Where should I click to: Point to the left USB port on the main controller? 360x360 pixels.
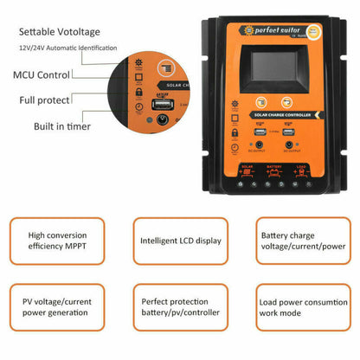click(x=260, y=132)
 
